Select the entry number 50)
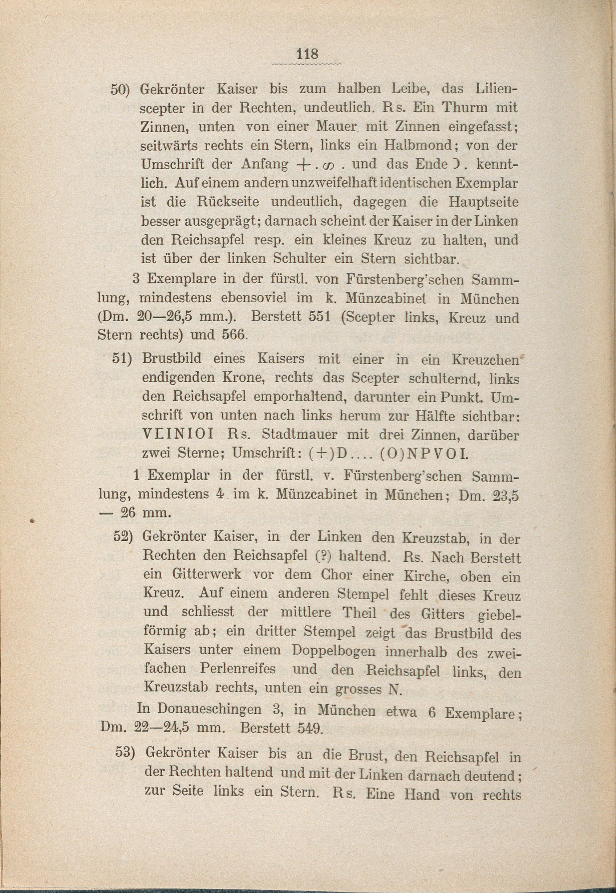click(x=121, y=89)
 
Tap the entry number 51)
click(x=122, y=358)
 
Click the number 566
click(x=233, y=334)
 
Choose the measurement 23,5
click(x=503, y=495)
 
